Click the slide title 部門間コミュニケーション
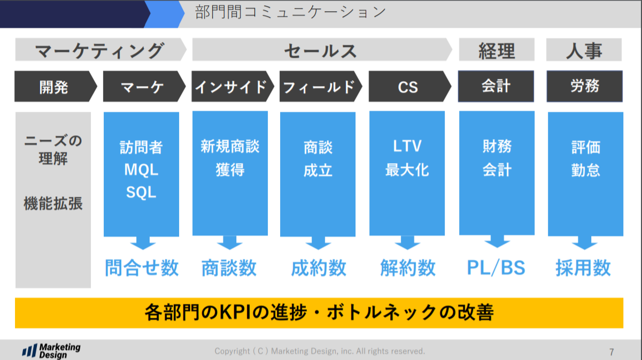[284, 12]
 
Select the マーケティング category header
[99, 51]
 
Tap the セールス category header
[320, 51]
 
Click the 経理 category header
[496, 51]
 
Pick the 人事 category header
[584, 51]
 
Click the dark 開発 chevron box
[54, 86]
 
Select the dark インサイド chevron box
[230, 86]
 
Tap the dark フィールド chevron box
[319, 86]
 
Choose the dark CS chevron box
[407, 86]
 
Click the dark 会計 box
[496, 86]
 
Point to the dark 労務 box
[584, 86]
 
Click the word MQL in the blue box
[141, 170]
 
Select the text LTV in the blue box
[407, 146]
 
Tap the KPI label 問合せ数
[141, 268]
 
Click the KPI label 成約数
[319, 268]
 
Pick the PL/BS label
[496, 268]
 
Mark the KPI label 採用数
[583, 268]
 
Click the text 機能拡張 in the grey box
[53, 203]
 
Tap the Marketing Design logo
[51, 351]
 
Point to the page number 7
[612, 352]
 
